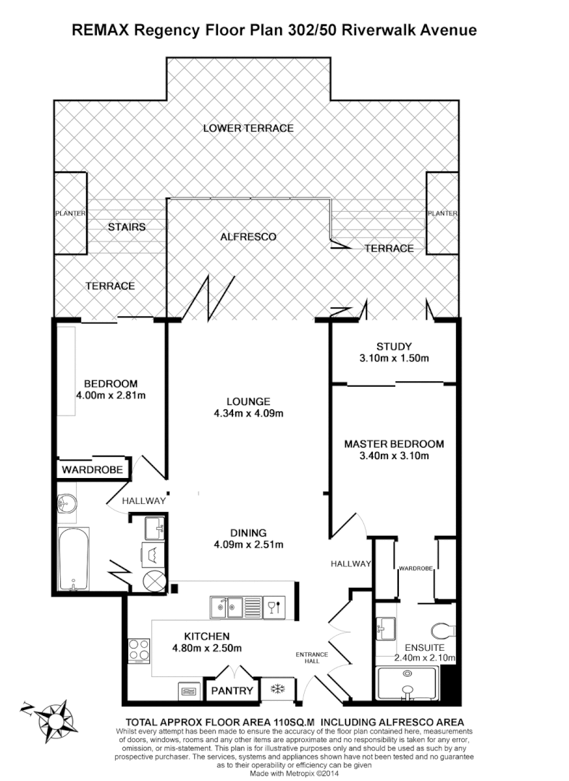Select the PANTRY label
coord(232,691)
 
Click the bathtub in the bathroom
coord(73,559)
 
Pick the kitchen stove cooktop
coord(138,649)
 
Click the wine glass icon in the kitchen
coord(272,605)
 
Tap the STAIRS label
coord(127,227)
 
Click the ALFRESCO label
coord(248,236)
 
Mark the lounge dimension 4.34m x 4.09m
coord(248,414)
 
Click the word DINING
coord(248,532)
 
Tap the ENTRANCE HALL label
coord(312,658)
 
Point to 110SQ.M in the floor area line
coord(290,722)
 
